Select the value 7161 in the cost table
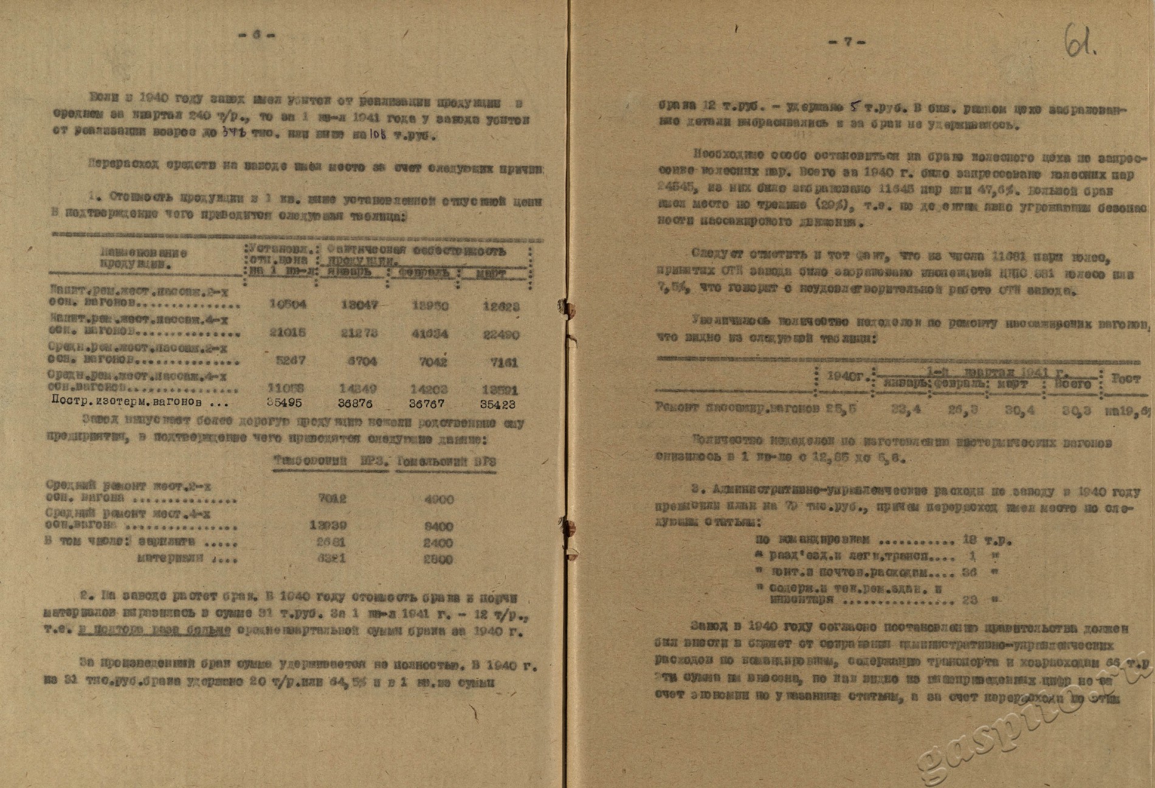click(x=506, y=362)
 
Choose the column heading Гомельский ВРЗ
click(x=447, y=461)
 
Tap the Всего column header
click(x=1075, y=384)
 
